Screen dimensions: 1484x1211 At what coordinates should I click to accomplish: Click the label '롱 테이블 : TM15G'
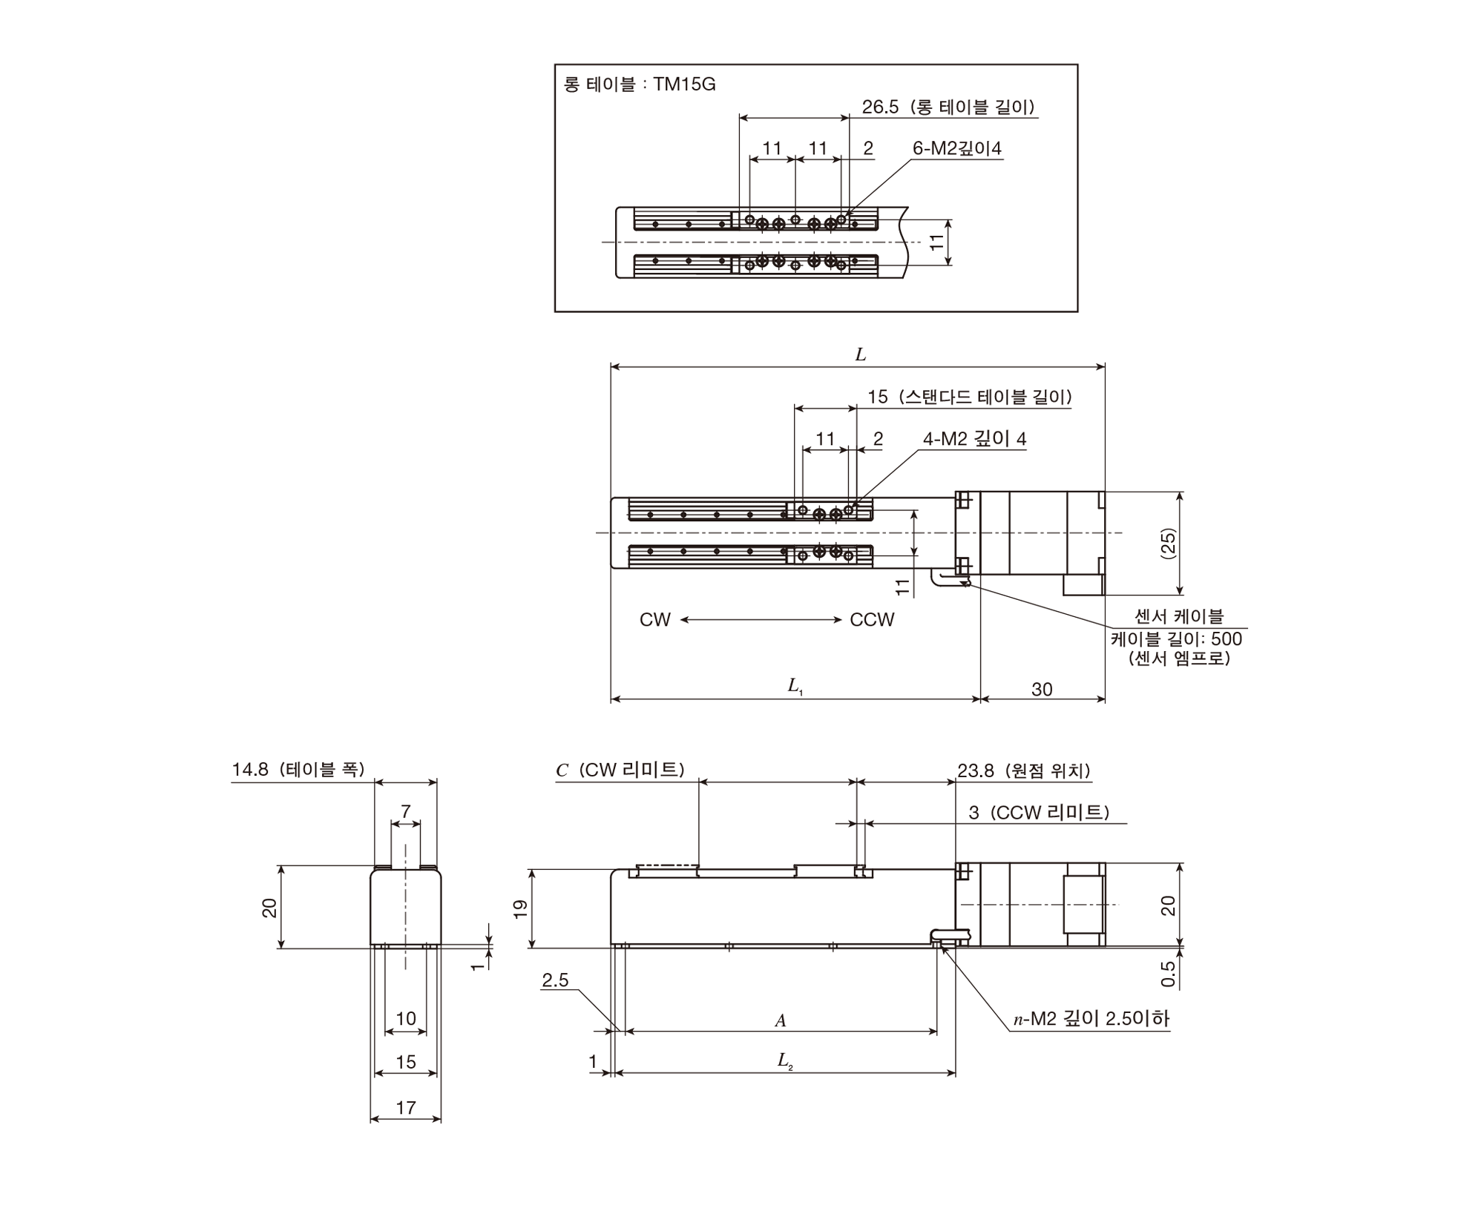coord(640,85)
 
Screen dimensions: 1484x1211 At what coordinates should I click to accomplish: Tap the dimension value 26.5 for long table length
coord(879,107)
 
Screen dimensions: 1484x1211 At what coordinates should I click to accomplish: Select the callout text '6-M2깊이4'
coord(957,148)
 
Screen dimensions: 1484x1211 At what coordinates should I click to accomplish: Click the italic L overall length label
coord(861,354)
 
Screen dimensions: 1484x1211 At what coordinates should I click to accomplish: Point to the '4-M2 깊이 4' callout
coord(974,438)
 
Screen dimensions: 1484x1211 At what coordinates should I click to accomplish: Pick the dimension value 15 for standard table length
coord(878,397)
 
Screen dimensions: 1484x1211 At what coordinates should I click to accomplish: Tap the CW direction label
coord(655,620)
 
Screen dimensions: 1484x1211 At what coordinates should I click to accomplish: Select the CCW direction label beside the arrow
coord(873,620)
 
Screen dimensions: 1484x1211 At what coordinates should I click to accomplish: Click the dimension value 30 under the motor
coord(1042,689)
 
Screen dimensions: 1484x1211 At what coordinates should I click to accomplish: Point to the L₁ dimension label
coord(795,686)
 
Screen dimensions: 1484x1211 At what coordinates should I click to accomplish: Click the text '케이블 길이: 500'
coord(1176,639)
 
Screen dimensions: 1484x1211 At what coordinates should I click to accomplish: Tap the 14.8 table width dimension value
coord(250,769)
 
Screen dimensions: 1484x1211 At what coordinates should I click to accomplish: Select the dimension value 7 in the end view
coord(406,811)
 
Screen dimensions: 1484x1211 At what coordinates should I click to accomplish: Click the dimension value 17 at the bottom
coord(406,1107)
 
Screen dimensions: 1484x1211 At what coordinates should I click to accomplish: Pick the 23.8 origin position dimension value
coord(975,771)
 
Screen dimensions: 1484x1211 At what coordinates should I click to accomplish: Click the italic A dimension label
coord(781,1020)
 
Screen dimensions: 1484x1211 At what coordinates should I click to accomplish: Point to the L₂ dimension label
coord(785,1061)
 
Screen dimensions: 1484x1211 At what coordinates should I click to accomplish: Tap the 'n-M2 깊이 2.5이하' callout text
coord(1091,1019)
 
